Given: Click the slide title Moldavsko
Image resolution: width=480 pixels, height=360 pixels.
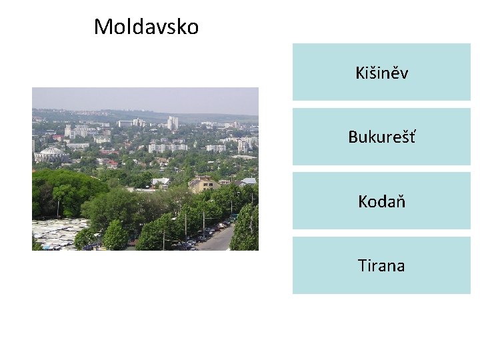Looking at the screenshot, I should (x=146, y=27).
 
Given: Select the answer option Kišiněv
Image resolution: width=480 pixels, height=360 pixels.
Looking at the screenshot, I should (x=381, y=73).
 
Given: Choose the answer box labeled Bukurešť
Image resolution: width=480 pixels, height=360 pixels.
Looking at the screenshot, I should (x=381, y=137).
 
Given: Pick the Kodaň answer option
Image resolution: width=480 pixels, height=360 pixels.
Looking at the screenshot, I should (x=381, y=201).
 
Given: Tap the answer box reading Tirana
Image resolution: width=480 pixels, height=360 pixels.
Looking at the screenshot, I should (x=381, y=265).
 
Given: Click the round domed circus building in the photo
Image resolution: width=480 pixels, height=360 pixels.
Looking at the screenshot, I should (x=51, y=155).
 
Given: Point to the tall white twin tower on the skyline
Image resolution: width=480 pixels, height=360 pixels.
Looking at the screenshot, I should (x=173, y=123).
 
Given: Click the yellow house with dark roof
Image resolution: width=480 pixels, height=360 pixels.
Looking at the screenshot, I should (x=204, y=184).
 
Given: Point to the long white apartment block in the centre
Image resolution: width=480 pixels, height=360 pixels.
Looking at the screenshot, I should (x=167, y=147).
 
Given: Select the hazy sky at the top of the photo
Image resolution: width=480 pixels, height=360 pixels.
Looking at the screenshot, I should (x=145, y=98).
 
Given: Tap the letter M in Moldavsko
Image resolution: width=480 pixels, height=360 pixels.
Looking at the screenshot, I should (x=102, y=27).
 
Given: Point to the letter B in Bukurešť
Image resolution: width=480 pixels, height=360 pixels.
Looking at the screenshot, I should (x=353, y=137).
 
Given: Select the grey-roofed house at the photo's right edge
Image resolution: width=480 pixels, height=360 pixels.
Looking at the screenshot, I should (x=248, y=181).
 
